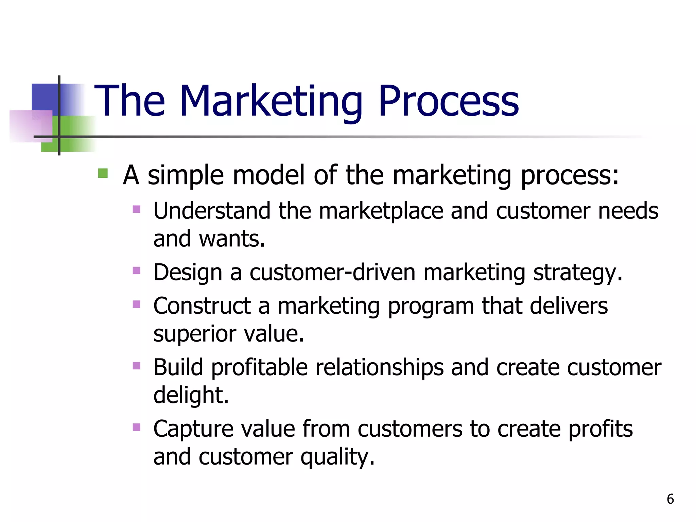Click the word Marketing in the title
271,101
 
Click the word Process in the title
448,101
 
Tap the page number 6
670,499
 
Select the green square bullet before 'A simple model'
103,174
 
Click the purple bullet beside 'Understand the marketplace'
137,209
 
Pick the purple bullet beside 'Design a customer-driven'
137,271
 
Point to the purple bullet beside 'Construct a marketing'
137,304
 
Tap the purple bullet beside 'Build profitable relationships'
137,366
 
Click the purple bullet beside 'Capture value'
137,427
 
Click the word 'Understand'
212,211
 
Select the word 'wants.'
232,239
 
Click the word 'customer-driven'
332,273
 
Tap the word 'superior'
194,334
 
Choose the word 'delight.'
191,395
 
